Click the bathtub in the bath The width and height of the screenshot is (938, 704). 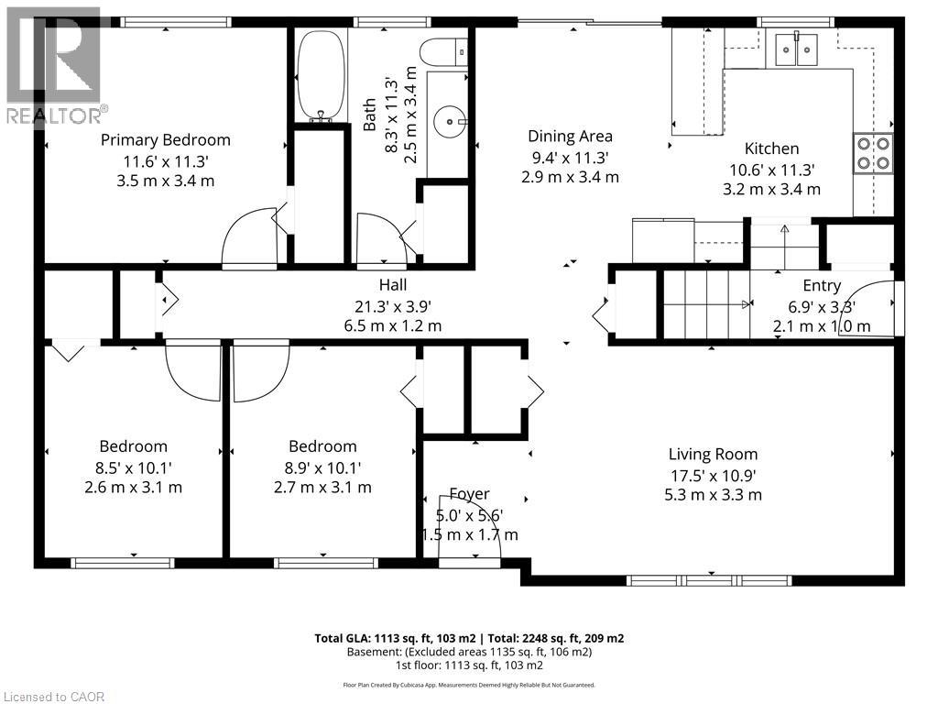pyautogui.click(x=320, y=76)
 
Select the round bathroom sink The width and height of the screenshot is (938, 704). pyautogui.click(x=449, y=118)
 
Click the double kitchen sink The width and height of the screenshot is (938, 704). pyautogui.click(x=794, y=49)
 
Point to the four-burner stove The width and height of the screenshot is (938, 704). pyautogui.click(x=874, y=154)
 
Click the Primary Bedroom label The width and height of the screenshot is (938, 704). pyautogui.click(x=166, y=140)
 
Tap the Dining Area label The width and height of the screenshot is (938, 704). pyautogui.click(x=570, y=137)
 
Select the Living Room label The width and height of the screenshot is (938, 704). pyautogui.click(x=713, y=454)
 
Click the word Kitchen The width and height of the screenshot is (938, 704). pyautogui.click(x=771, y=148)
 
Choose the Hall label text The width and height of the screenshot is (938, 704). pyautogui.click(x=393, y=285)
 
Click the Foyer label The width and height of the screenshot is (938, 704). pyautogui.click(x=469, y=494)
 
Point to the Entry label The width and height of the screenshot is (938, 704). pyautogui.click(x=822, y=286)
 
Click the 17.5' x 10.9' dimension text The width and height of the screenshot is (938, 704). pyautogui.click(x=713, y=475)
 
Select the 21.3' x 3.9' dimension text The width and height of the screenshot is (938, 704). pyautogui.click(x=393, y=305)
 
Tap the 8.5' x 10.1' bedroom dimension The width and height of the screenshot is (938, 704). pyautogui.click(x=133, y=467)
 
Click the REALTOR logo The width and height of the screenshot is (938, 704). pyautogui.click(x=55, y=64)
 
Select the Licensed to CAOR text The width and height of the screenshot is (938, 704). pyautogui.click(x=54, y=696)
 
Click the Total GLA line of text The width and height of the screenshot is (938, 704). pyautogui.click(x=469, y=638)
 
